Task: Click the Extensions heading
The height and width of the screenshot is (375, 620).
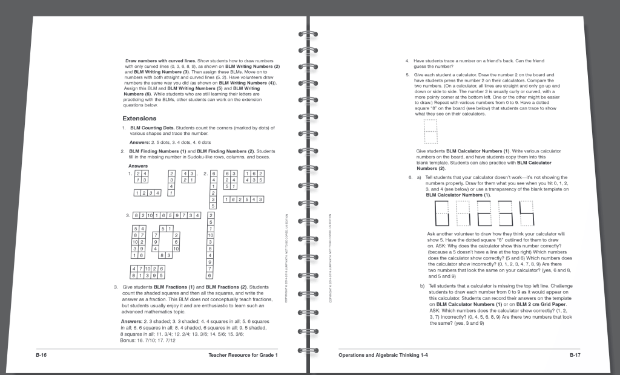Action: coord(139,119)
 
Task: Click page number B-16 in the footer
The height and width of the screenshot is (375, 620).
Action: coord(42,355)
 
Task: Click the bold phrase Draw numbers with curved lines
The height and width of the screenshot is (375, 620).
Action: coord(160,61)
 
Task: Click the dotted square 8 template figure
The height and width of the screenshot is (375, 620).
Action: coord(430,132)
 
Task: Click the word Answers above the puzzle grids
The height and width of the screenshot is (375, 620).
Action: coord(138,166)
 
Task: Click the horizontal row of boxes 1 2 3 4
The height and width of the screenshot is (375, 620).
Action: coord(148,193)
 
